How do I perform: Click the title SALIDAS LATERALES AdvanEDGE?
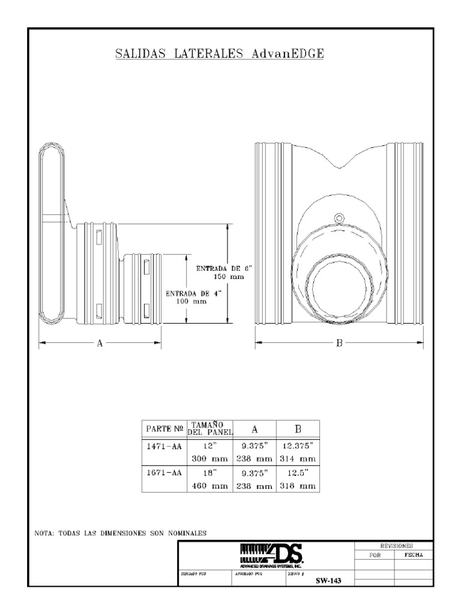pyautogui.click(x=220, y=54)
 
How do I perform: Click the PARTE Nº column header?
pyautogui.click(x=164, y=430)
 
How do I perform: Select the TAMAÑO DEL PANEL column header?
pyautogui.click(x=209, y=429)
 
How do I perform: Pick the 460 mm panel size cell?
pyautogui.click(x=209, y=486)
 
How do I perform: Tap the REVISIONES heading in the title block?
pyautogui.click(x=394, y=546)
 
